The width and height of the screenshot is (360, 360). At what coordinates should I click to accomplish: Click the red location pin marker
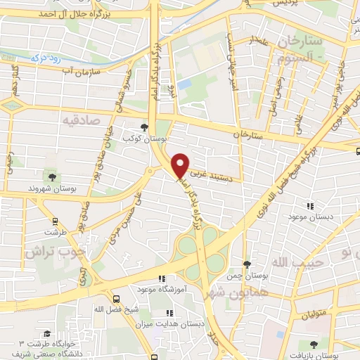click(x=180, y=165)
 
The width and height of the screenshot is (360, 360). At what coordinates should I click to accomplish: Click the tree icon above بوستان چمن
click(x=245, y=264)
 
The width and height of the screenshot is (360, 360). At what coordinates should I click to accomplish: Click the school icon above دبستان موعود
click(x=310, y=206)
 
